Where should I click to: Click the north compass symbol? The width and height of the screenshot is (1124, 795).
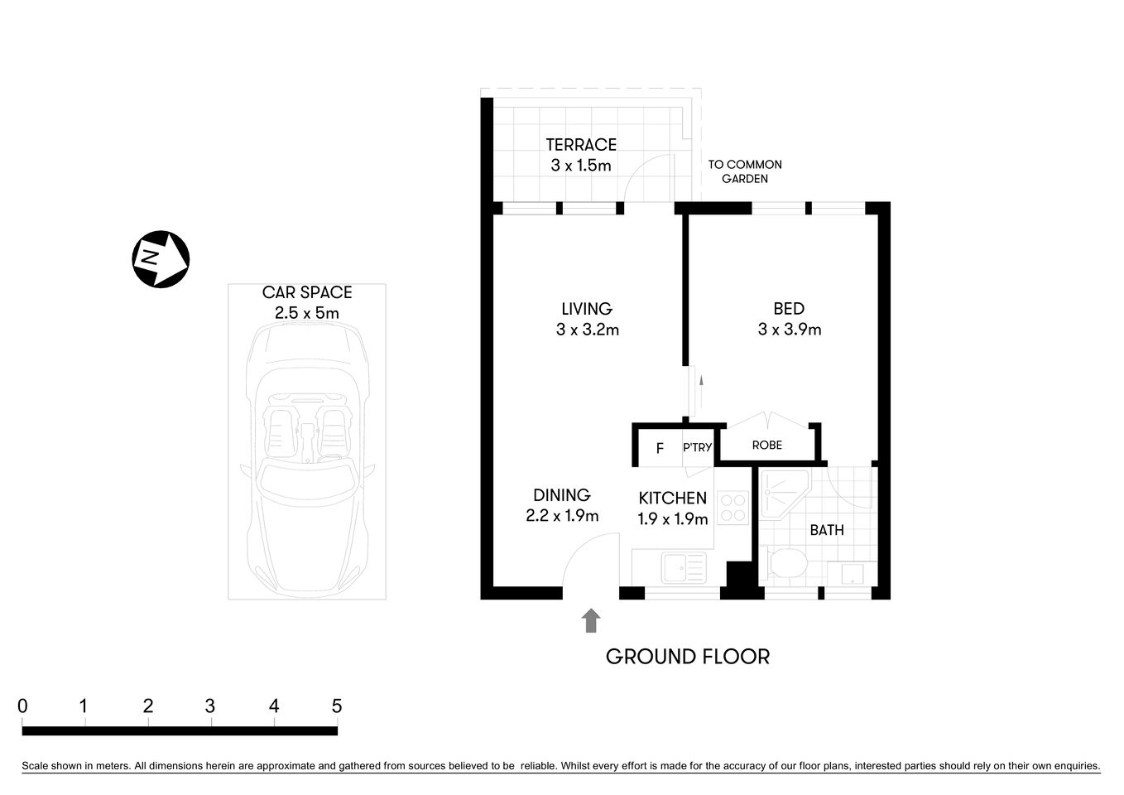tap(161, 259)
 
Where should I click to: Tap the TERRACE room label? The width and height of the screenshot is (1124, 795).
tap(581, 145)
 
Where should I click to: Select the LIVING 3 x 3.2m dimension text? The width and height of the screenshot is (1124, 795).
tap(588, 330)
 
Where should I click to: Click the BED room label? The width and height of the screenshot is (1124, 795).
tap(789, 309)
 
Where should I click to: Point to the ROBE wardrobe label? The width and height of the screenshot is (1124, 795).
tap(766, 446)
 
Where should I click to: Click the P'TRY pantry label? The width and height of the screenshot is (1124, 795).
tap(697, 448)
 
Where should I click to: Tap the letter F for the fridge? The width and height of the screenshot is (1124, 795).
tap(660, 449)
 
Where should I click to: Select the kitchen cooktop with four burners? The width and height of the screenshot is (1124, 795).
tap(733, 507)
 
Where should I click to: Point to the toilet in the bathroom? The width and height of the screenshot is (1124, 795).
tap(785, 565)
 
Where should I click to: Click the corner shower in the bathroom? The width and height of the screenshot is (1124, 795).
tap(781, 495)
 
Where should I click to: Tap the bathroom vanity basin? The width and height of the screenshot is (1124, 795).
tap(852, 574)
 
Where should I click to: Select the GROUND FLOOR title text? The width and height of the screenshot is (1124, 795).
tap(688, 657)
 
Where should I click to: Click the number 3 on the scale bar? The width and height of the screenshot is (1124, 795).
tap(210, 706)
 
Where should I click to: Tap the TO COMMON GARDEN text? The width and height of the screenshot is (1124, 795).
tap(745, 171)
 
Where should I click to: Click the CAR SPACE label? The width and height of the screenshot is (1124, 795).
tap(307, 292)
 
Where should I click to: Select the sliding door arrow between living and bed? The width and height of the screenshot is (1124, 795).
tap(701, 383)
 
